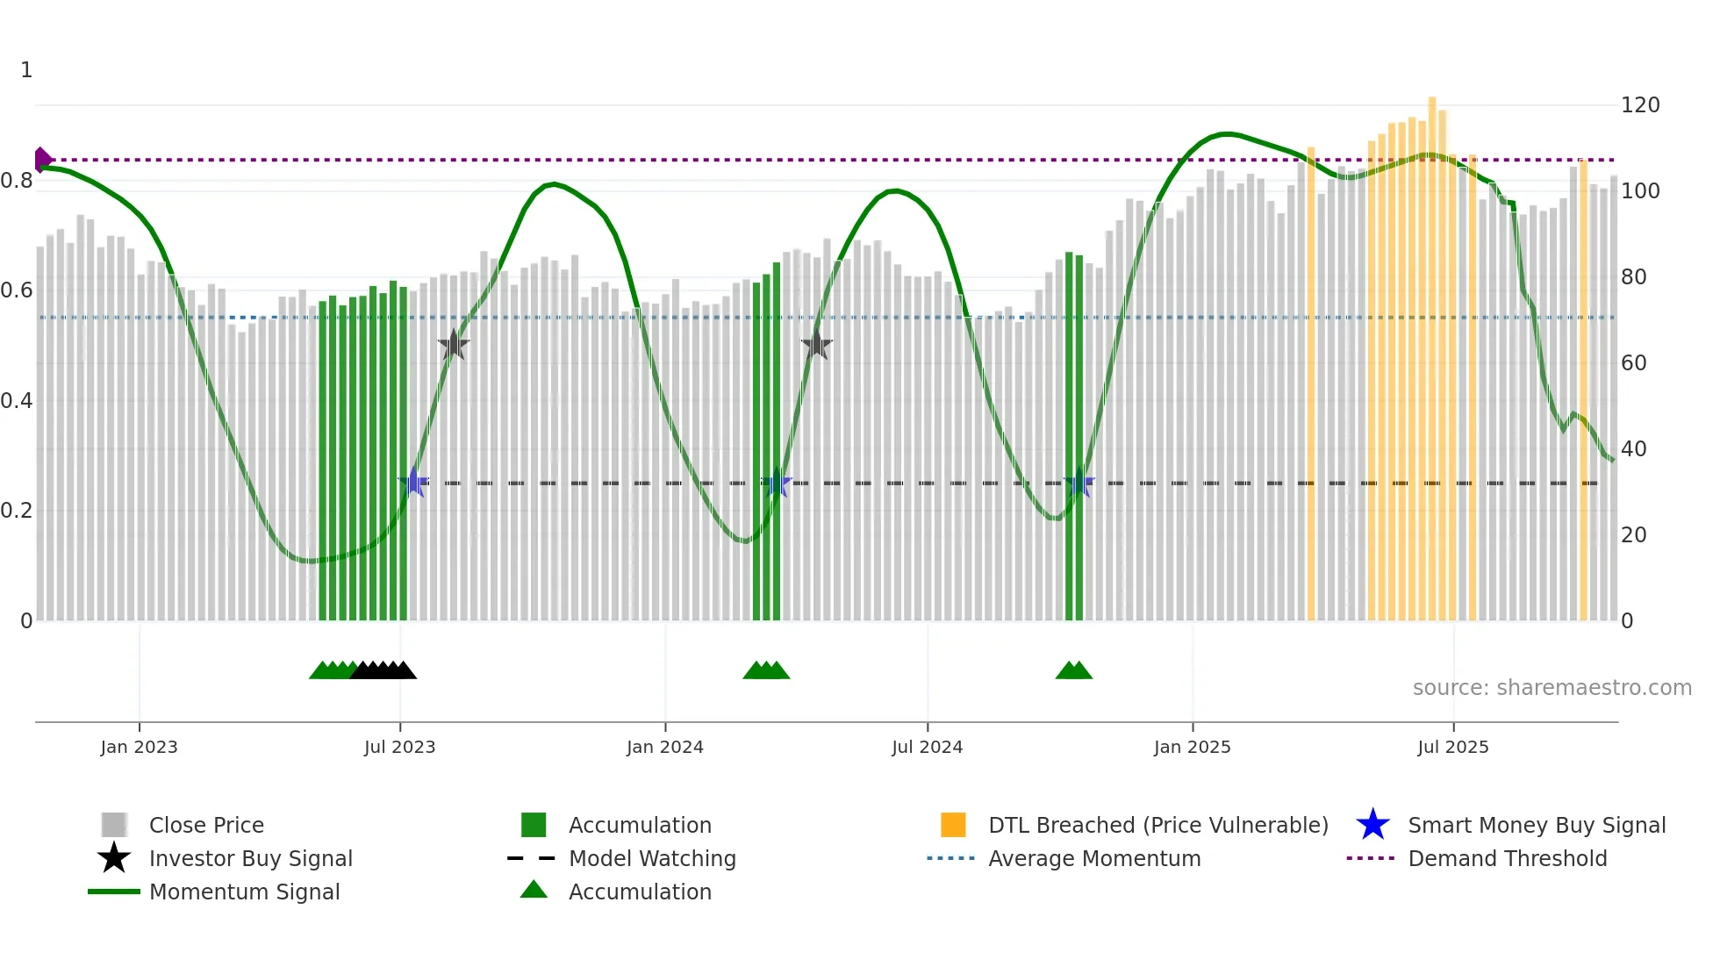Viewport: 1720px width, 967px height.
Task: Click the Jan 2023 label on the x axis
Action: coord(139,747)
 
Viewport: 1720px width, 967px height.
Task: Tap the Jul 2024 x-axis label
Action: coord(927,747)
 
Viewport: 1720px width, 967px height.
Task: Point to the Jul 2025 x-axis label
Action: coord(1452,747)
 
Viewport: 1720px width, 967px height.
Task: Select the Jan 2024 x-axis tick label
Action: coord(664,747)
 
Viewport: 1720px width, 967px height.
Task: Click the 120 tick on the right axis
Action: coord(1639,105)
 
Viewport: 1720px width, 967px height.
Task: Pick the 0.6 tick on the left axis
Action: coord(17,290)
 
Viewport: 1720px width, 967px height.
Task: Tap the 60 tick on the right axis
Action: coord(1633,363)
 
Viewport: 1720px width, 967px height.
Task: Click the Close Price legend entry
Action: coord(206,825)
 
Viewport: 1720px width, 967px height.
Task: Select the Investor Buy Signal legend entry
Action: coord(250,858)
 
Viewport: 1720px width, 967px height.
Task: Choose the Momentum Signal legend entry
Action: coord(244,892)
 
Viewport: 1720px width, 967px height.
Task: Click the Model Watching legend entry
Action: coord(652,858)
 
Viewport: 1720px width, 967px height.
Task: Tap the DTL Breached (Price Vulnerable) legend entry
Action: coord(1157,825)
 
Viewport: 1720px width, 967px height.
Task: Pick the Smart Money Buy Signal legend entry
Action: coord(1536,825)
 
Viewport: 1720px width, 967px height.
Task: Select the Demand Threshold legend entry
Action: coord(1507,858)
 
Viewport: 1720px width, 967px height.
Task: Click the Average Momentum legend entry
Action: coord(1093,858)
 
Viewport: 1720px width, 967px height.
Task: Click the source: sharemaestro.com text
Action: coord(1552,688)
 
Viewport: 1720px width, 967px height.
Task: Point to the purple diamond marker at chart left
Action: coord(41,160)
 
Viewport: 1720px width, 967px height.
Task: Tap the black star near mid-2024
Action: coord(816,345)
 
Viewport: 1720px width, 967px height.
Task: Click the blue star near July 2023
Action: coord(413,483)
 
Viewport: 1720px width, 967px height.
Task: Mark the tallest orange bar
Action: coord(1431,351)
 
